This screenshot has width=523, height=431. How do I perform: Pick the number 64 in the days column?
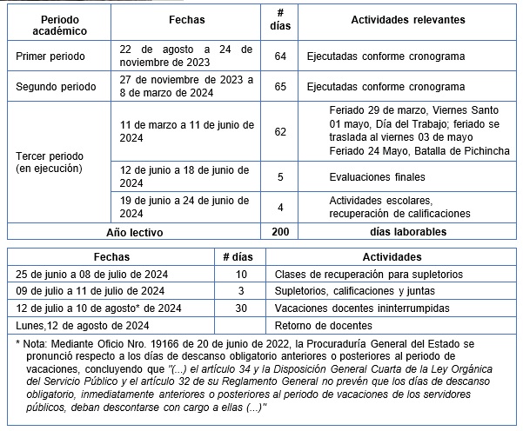click(279, 56)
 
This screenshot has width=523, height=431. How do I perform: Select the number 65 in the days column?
click(279, 87)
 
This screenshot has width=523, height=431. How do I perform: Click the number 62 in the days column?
click(279, 131)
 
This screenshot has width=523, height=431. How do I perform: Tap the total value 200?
click(279, 232)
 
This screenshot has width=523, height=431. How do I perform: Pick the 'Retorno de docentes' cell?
click(324, 325)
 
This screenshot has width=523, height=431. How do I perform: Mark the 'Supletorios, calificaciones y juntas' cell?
click(357, 291)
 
